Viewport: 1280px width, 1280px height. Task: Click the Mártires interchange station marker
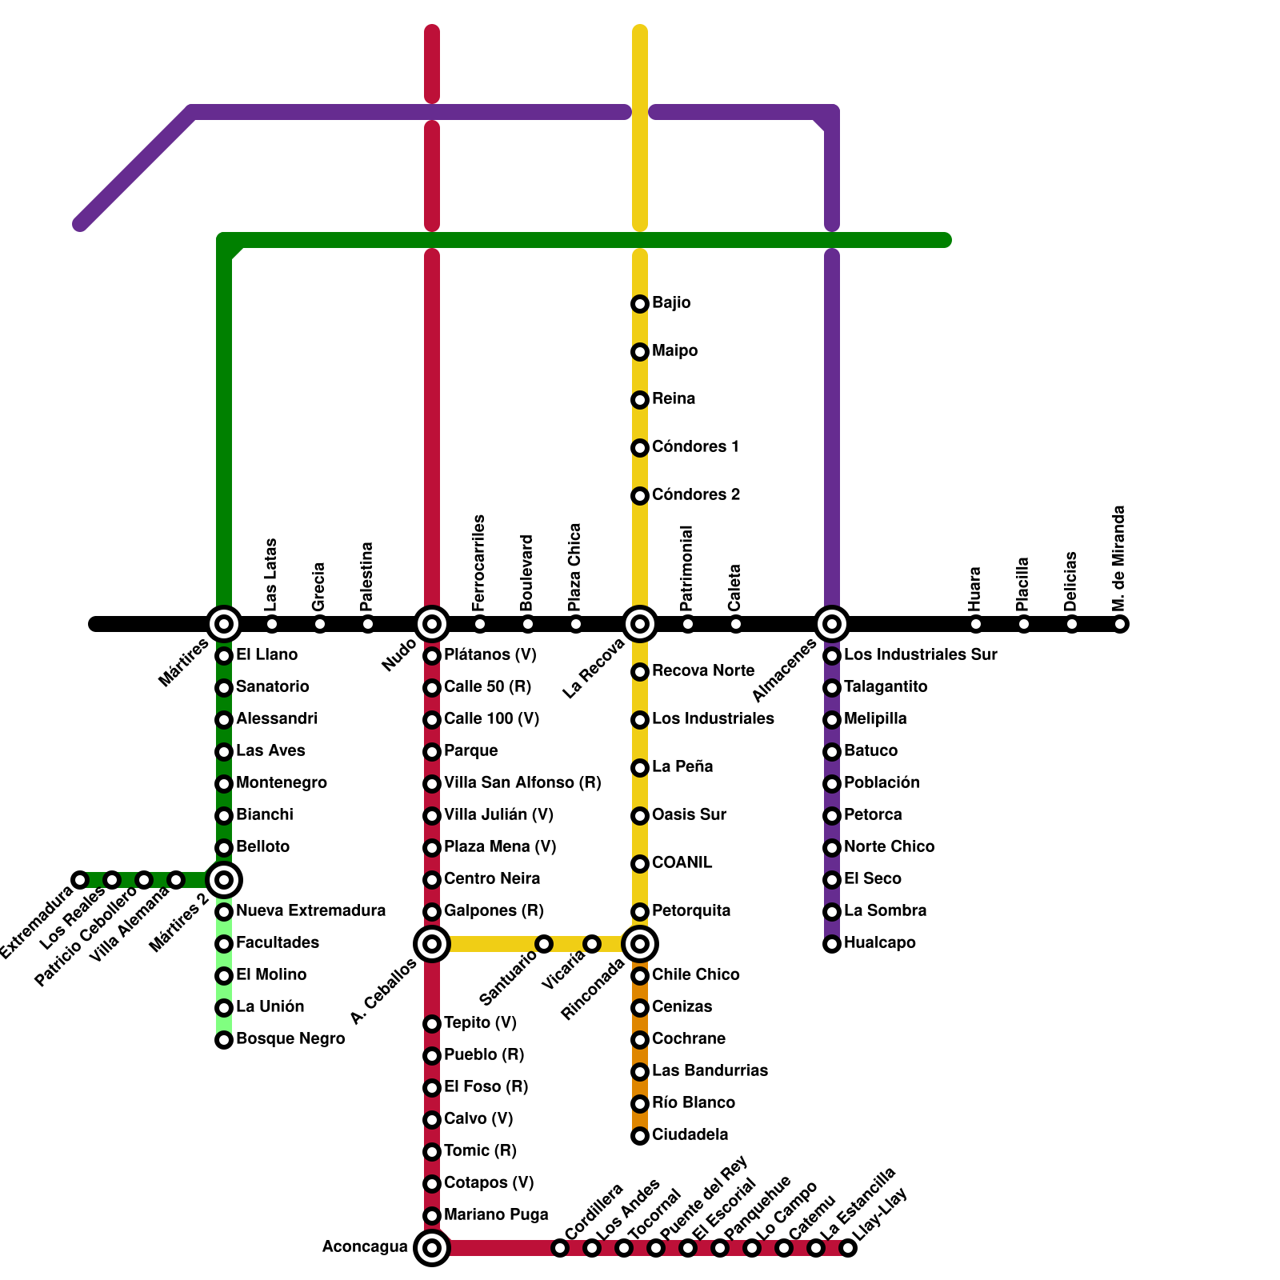(224, 624)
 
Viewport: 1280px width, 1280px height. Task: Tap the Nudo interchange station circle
(432, 624)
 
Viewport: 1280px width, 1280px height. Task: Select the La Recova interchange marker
(640, 624)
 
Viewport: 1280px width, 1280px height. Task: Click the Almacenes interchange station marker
(832, 624)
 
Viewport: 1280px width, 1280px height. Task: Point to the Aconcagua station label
(365, 1247)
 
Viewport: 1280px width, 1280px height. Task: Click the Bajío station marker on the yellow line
(640, 304)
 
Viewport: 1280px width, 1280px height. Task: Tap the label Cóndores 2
(696, 495)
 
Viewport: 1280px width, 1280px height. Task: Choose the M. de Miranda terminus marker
(1120, 624)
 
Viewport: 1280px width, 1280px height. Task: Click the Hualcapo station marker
(832, 944)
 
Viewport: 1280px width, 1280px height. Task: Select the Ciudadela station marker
(640, 1136)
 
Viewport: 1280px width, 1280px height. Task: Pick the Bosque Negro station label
(290, 1039)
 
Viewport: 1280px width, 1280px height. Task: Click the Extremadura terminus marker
(80, 880)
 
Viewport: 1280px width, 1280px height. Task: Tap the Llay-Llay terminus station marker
(848, 1248)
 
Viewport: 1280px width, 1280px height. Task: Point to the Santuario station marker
(544, 944)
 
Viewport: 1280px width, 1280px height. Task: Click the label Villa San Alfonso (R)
(522, 783)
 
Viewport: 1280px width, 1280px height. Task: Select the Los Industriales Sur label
(921, 655)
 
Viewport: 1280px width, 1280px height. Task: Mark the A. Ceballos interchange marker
(432, 944)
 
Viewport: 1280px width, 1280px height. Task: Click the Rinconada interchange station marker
(640, 944)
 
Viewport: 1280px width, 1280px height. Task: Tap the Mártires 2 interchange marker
(224, 880)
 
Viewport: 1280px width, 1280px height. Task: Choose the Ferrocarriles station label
(479, 563)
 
